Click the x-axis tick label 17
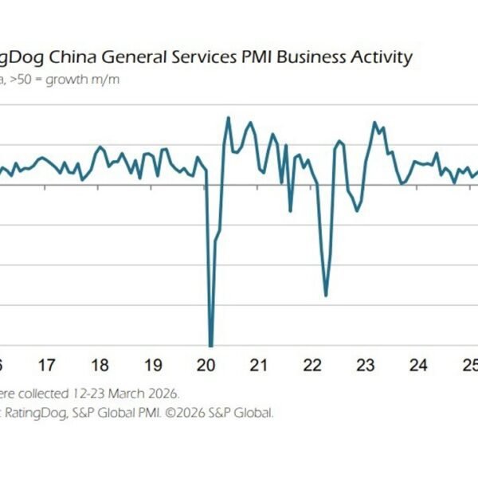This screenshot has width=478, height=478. point(46,366)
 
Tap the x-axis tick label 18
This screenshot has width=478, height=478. point(100,366)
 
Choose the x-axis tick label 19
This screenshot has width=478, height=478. point(153,366)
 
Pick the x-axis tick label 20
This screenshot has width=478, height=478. point(206,366)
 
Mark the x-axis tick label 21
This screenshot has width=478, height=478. point(259,366)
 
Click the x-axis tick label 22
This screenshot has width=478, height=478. point(312,366)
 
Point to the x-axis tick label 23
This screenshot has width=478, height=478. point(365,366)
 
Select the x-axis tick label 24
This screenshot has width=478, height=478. point(418,366)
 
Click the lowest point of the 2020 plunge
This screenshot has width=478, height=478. point(211,345)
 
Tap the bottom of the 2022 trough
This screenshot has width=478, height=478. point(327,296)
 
